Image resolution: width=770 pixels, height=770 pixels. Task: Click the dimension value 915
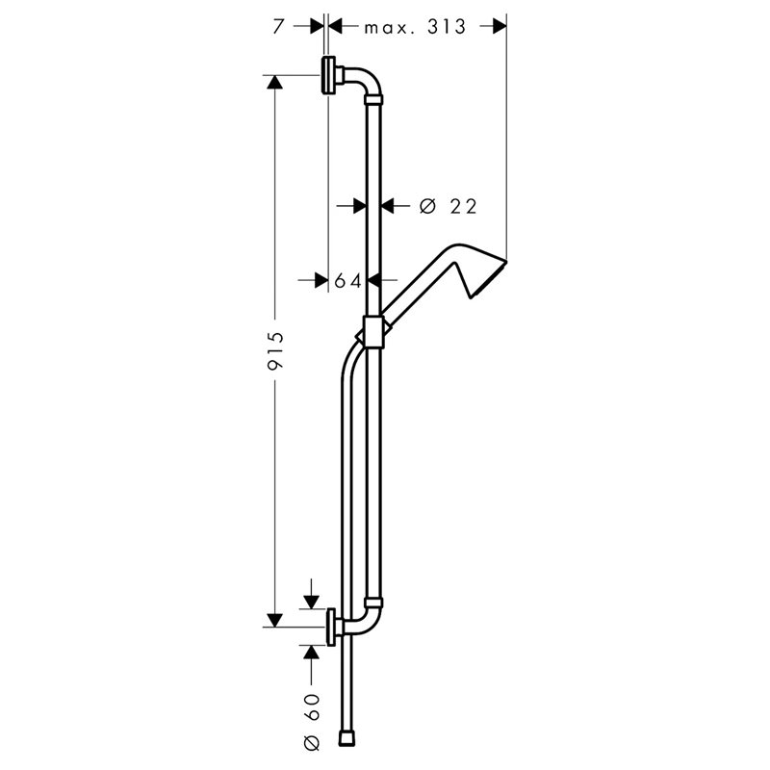[x=276, y=350]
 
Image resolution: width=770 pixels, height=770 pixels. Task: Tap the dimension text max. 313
[x=415, y=27]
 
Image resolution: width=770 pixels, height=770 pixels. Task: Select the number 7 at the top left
[x=278, y=27]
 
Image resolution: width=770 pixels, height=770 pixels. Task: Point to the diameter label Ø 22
[x=449, y=207]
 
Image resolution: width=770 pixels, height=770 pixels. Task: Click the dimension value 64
[x=347, y=281]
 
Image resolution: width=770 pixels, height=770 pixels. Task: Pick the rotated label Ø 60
[x=312, y=722]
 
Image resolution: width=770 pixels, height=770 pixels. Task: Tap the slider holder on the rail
[x=373, y=332]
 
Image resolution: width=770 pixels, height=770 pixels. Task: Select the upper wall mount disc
[x=327, y=75]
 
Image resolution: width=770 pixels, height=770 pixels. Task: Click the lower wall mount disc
[x=331, y=628]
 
